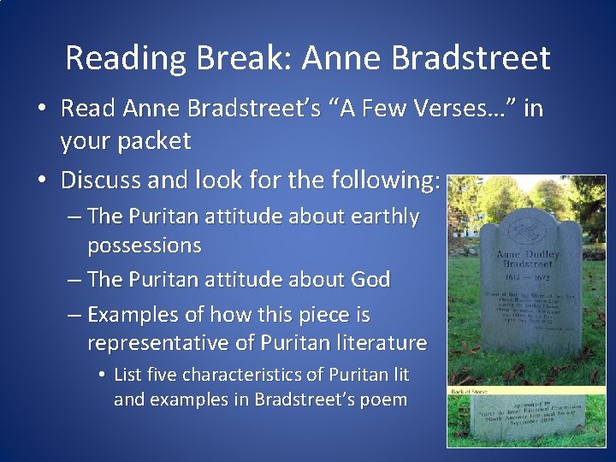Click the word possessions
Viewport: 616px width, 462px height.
pyautogui.click(x=144, y=246)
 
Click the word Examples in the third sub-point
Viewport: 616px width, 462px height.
pyautogui.click(x=129, y=315)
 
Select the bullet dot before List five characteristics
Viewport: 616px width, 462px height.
pyautogui.click(x=102, y=376)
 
